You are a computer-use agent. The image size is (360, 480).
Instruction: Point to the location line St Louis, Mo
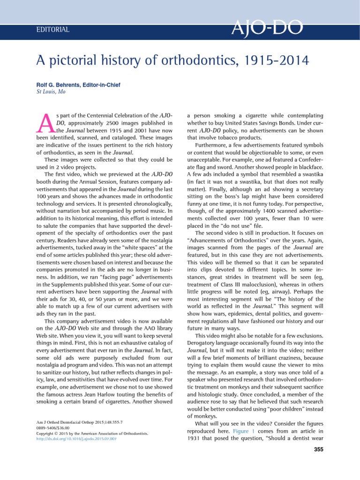click(51, 91)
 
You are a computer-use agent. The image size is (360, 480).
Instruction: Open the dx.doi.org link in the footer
click(76, 440)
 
